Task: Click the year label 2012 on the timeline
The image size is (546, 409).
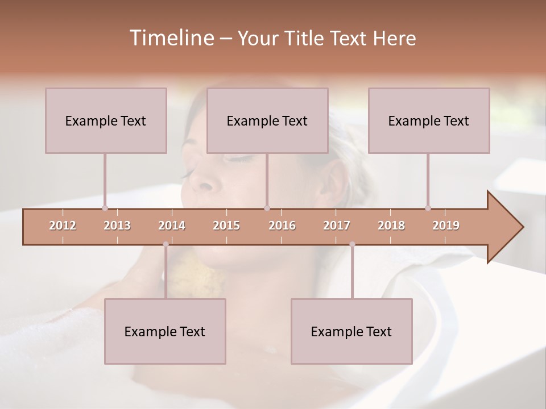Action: [x=63, y=226]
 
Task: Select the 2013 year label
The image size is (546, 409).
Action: [x=117, y=226]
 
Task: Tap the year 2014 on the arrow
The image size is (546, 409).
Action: [x=172, y=226]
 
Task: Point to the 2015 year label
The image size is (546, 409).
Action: [x=226, y=226]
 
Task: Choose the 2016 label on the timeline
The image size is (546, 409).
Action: [x=282, y=226]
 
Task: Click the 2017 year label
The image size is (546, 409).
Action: [x=337, y=226]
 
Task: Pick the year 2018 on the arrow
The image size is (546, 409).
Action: [x=391, y=226]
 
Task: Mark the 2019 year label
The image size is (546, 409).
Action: [x=446, y=226]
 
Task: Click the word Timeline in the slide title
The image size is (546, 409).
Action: [x=171, y=38]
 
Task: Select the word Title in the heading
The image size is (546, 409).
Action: [x=307, y=38]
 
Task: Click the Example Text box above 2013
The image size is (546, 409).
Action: [x=106, y=120]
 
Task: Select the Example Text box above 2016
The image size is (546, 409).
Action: [x=267, y=120]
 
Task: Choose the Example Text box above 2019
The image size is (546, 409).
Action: [x=429, y=120]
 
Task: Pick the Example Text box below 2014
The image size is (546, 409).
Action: [x=165, y=331]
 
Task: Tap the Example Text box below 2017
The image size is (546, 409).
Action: [x=351, y=331]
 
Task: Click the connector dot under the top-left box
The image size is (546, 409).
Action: [x=105, y=208]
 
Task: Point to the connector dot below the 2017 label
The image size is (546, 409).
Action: [x=352, y=244]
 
